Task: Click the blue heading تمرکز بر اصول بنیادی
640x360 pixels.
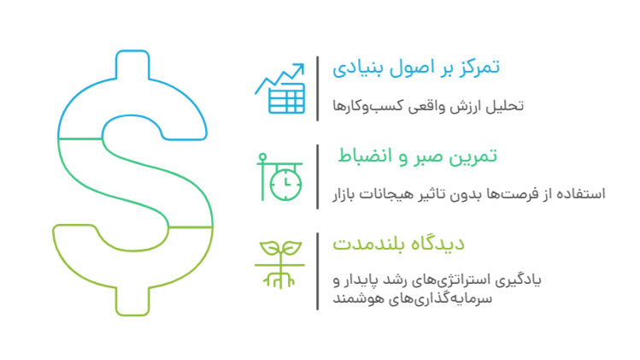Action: [x=416, y=67]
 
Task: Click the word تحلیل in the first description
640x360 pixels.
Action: [x=508, y=107]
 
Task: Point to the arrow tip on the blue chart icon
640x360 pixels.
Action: [x=302, y=66]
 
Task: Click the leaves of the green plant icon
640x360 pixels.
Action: [x=280, y=249]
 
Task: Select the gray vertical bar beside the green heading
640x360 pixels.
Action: [x=318, y=270]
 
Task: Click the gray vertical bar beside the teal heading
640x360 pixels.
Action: [x=318, y=176]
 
